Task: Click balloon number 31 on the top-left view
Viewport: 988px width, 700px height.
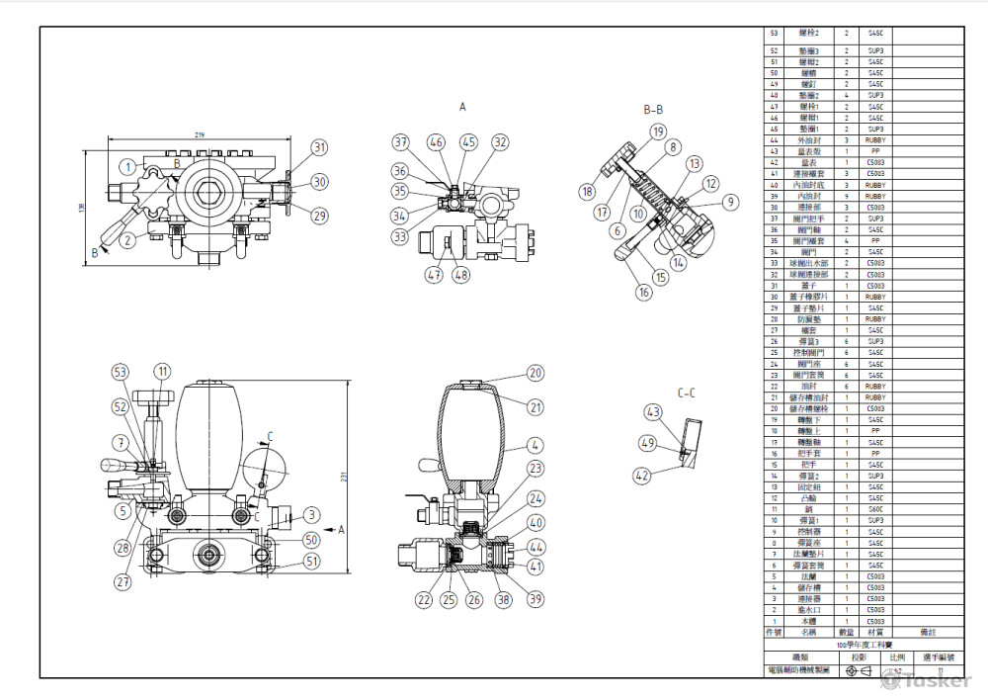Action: (319, 147)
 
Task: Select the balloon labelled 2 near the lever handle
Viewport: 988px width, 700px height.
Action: (127, 239)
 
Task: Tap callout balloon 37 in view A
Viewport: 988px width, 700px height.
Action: (401, 142)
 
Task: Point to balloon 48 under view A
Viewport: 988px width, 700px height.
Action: (462, 276)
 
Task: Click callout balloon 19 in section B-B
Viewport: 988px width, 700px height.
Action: (658, 131)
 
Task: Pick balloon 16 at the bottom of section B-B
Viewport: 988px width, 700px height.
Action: (643, 292)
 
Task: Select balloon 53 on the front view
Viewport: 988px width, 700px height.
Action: (121, 372)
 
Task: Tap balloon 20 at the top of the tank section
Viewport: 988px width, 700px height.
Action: (535, 373)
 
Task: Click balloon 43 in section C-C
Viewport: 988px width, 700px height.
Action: (653, 411)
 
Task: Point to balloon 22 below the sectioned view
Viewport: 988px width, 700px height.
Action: (424, 598)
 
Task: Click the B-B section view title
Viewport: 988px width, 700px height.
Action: (653, 109)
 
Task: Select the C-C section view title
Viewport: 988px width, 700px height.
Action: (687, 393)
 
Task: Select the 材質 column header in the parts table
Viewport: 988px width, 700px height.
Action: (875, 631)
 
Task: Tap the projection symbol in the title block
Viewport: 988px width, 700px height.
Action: (859, 670)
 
